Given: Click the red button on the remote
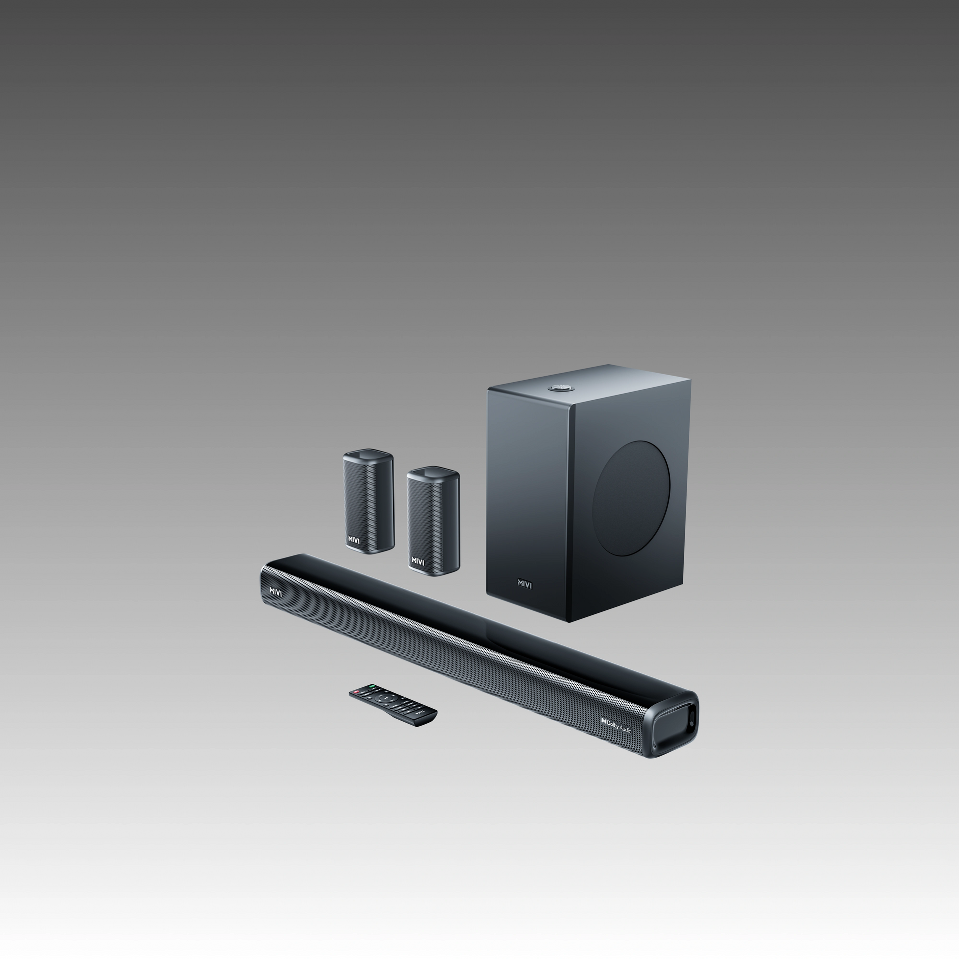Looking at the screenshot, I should coord(357,692).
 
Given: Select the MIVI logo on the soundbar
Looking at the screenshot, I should coord(276,591).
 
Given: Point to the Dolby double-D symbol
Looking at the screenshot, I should coord(604,721).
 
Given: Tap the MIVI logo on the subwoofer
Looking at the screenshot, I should coord(524,584).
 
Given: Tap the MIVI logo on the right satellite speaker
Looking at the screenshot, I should coord(418,561).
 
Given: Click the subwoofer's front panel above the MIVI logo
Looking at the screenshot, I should coord(529,499).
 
